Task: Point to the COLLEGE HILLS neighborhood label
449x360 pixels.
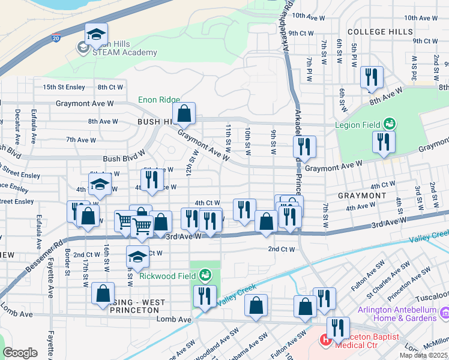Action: pyautogui.click(x=376, y=31)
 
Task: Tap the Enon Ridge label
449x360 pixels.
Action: pyautogui.click(x=158, y=100)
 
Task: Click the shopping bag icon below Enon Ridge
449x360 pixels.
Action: pyautogui.click(x=184, y=113)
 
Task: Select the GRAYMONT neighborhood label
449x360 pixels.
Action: pyautogui.click(x=361, y=196)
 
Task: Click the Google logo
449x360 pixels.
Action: pyautogui.click(x=20, y=352)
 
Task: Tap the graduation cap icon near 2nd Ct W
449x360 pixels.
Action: pyautogui.click(x=137, y=257)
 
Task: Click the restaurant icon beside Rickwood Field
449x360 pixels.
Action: pyautogui.click(x=205, y=296)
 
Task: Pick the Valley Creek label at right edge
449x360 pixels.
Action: pyautogui.click(x=429, y=236)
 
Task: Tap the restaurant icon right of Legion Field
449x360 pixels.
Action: pyautogui.click(x=383, y=142)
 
